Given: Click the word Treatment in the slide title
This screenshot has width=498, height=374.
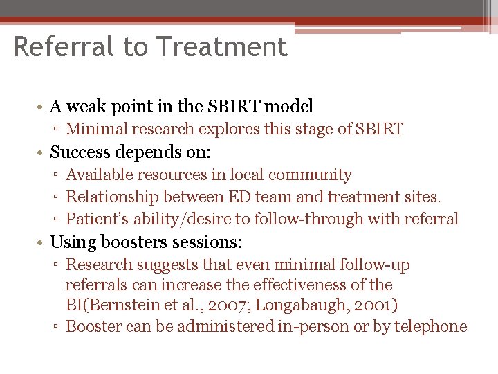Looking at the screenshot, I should click(x=222, y=47).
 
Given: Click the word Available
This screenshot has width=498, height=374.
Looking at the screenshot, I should click(x=100, y=175).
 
